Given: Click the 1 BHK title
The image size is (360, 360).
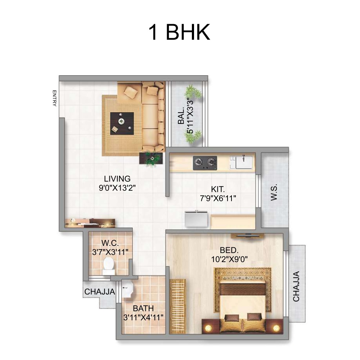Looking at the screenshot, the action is point(179,32).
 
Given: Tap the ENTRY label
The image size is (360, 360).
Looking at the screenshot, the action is point(54,98).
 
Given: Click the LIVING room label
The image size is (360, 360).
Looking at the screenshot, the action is point(117,179).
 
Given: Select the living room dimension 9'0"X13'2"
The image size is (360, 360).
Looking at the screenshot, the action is point(117,188).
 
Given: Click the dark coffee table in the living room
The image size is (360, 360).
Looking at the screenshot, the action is point(122,123).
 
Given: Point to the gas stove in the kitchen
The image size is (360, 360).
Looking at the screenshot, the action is point(205,163).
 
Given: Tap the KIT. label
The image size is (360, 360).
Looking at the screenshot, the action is point(218,189).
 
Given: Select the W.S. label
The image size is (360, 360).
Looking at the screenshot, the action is point(274,192).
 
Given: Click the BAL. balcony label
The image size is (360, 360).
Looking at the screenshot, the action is point(181,116).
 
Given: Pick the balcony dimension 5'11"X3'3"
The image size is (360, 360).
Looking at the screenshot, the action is point(190,116).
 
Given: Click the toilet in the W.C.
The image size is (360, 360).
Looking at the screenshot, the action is point(109,266).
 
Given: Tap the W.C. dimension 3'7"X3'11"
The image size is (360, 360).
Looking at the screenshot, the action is point(110,252).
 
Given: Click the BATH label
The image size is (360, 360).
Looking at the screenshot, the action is point(143,308).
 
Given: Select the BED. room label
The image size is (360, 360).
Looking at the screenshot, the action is point(229,250).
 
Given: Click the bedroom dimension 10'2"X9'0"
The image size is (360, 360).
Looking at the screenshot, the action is point(229,259).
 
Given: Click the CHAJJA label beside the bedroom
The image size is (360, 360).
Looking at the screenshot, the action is point(296,286).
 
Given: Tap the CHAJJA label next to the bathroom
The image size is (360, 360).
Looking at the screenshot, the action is point(100,292).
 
